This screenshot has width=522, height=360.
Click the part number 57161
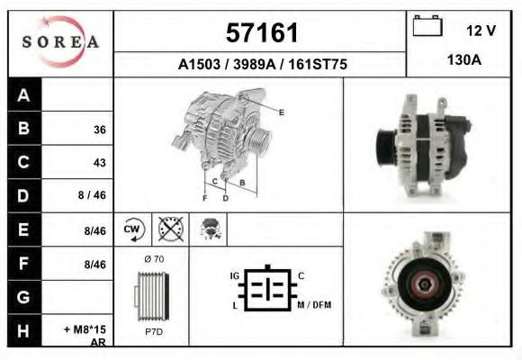(262, 33)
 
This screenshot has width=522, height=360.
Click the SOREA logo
(60, 42)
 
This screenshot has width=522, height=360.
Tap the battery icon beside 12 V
(427, 25)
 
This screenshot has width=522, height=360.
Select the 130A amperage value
(464, 60)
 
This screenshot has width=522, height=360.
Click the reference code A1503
(199, 64)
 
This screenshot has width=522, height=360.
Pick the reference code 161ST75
(318, 64)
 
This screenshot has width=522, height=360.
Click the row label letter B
(23, 128)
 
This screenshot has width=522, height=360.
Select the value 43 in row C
(100, 163)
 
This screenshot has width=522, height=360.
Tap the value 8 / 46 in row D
(92, 194)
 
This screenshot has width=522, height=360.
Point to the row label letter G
(23, 297)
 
